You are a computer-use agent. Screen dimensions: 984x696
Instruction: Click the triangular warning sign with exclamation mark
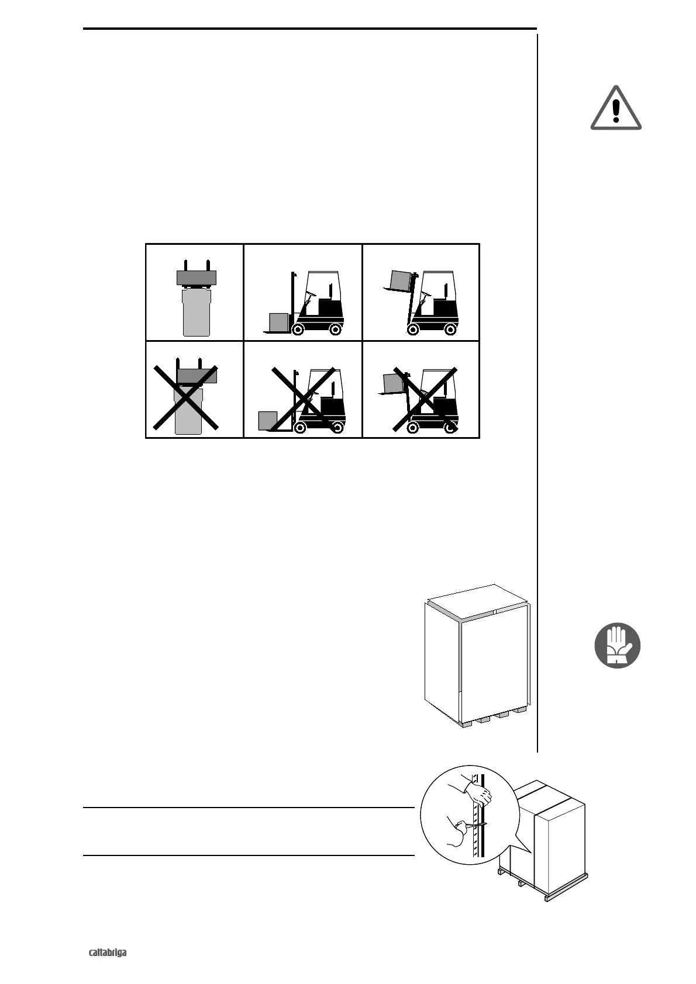615,109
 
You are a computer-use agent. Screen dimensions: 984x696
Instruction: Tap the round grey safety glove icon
617,646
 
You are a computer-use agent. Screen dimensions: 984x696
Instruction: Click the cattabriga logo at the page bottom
108,953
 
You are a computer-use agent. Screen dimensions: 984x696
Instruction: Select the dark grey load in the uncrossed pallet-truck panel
197,278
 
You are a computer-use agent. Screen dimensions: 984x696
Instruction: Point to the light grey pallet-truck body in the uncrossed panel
197,313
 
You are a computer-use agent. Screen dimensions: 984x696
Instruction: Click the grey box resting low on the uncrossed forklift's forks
279,322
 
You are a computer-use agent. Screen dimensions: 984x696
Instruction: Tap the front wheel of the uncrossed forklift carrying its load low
298,330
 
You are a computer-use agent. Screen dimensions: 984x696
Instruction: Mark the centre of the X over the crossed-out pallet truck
186,397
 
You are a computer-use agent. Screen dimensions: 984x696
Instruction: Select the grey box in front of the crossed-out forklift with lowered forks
267,421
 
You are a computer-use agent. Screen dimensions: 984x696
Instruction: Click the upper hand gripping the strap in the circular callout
478,794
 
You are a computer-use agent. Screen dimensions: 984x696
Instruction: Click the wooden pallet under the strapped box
544,879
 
